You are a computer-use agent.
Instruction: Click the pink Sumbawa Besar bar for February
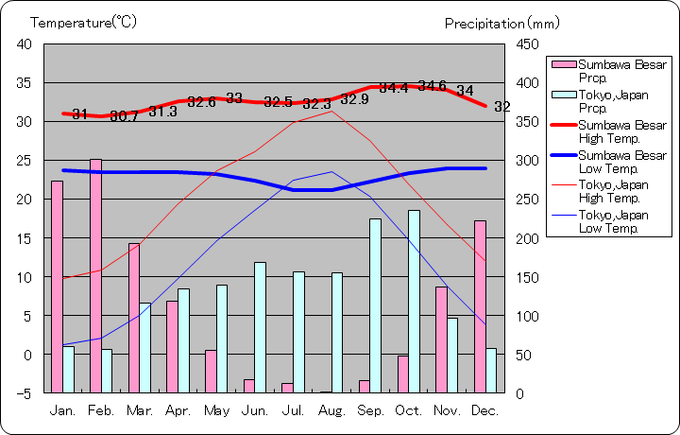pos(95,275)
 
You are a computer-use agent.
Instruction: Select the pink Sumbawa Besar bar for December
pos(480,306)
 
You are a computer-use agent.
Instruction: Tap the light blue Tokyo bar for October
pos(414,301)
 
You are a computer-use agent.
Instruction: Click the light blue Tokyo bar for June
pos(260,327)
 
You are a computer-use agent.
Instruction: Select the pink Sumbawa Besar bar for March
pos(134,318)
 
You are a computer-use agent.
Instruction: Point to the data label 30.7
pos(124,116)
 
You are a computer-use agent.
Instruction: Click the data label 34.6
pos(433,86)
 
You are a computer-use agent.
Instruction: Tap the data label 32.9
pos(355,99)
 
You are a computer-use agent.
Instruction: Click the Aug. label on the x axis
pos(332,411)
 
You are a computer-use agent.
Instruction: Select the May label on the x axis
pos(217,411)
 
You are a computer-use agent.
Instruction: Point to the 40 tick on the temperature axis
pos(24,44)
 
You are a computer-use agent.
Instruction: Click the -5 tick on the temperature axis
pos(25,392)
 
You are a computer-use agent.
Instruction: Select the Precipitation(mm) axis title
pos(501,23)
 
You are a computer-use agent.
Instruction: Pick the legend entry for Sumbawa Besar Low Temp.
pos(609,162)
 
